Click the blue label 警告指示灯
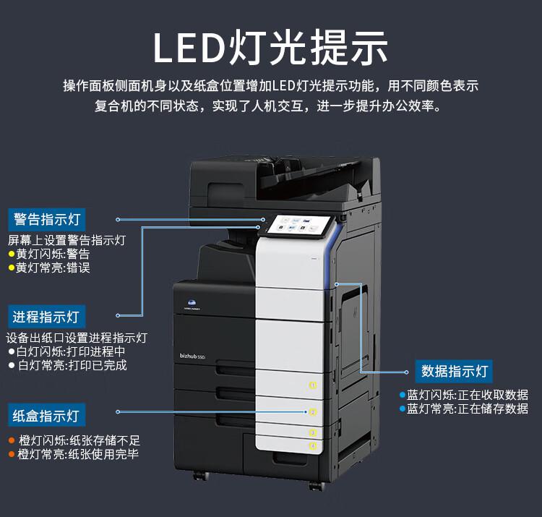tap(47, 220)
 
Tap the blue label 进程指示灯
tap(47, 317)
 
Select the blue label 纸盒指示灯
tap(47, 415)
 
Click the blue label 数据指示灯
tap(455, 372)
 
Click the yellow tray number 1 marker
tap(313, 385)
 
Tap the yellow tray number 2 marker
tap(313, 412)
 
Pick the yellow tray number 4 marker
tap(313, 445)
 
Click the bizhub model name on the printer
tap(192, 356)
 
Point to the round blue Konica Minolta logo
tap(192, 303)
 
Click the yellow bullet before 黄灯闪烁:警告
tap(12, 255)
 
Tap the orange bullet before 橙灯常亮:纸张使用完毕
tap(12, 454)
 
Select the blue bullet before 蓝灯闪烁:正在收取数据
tap(403, 395)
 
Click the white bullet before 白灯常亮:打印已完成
tap(12, 365)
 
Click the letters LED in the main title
tap(189, 48)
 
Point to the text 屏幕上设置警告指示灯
tap(66, 240)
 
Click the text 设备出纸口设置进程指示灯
tap(77, 338)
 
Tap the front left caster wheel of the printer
tap(201, 476)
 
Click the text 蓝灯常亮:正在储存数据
tap(468, 409)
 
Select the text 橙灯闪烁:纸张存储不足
tap(79, 440)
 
